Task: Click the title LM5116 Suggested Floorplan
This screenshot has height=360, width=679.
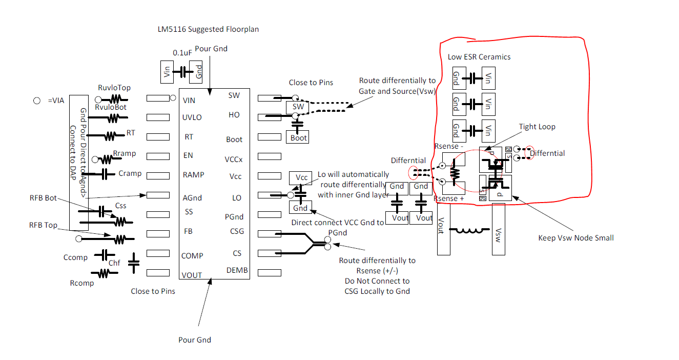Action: pyautogui.click(x=208, y=29)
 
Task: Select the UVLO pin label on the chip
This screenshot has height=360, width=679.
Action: pyautogui.click(x=192, y=117)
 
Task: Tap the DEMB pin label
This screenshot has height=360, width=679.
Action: pyautogui.click(x=237, y=270)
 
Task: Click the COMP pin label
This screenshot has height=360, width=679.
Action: pyautogui.click(x=192, y=255)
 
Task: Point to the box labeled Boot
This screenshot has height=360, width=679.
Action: pyautogui.click(x=298, y=137)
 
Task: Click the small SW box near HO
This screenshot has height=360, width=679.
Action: pyautogui.click(x=298, y=107)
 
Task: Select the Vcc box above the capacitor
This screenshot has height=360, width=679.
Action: pyautogui.click(x=301, y=178)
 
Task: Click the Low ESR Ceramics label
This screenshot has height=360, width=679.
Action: pyautogui.click(x=479, y=57)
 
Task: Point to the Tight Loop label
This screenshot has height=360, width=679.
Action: pyautogui.click(x=537, y=127)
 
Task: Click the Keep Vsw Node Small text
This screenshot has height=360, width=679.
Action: pyautogui.click(x=575, y=237)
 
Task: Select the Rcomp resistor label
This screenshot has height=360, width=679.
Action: pyautogui.click(x=81, y=283)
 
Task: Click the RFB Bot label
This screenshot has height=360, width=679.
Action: pyautogui.click(x=43, y=198)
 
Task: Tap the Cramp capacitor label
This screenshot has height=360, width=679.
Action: pyautogui.click(x=130, y=173)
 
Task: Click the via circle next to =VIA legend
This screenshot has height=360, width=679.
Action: pyautogui.click(x=37, y=101)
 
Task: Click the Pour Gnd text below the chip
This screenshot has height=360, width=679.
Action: pyautogui.click(x=194, y=339)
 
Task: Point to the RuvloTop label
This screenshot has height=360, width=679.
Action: pyautogui.click(x=114, y=88)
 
